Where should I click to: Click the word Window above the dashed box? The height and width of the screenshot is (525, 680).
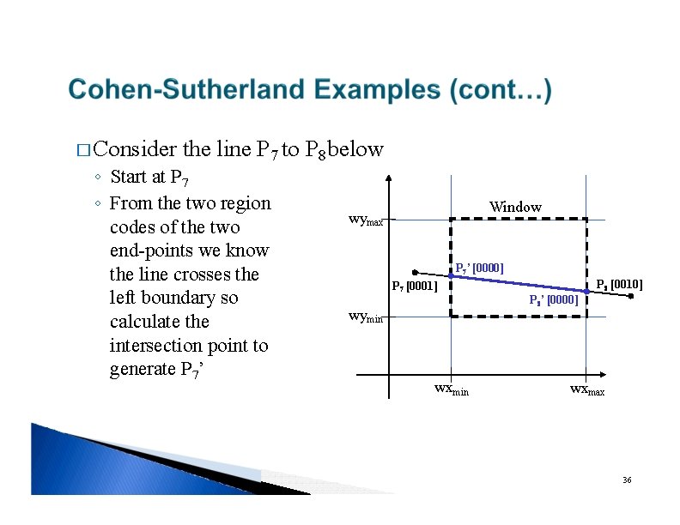click(x=515, y=207)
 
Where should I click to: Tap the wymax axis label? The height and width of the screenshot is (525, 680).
click(x=370, y=220)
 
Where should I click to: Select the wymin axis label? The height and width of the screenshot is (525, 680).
click(x=369, y=316)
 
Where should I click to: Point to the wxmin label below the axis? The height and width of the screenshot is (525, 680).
click(x=451, y=389)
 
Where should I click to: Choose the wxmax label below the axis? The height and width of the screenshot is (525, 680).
click(x=586, y=389)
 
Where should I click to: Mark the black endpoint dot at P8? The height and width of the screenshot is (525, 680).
click(x=631, y=297)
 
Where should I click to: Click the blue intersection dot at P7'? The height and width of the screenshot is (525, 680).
click(x=451, y=275)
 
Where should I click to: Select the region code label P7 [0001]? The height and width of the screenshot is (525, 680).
click(x=414, y=286)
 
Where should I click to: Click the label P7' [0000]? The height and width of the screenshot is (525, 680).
click(x=479, y=269)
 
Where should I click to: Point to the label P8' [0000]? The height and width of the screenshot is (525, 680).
click(x=553, y=300)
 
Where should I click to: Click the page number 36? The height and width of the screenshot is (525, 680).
click(x=627, y=480)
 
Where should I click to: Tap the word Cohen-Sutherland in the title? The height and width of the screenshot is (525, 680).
click(x=187, y=90)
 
